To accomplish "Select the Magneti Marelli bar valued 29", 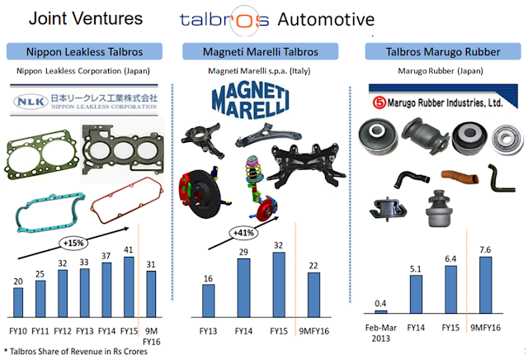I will click(244, 286).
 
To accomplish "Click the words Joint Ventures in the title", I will click(75, 18).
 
